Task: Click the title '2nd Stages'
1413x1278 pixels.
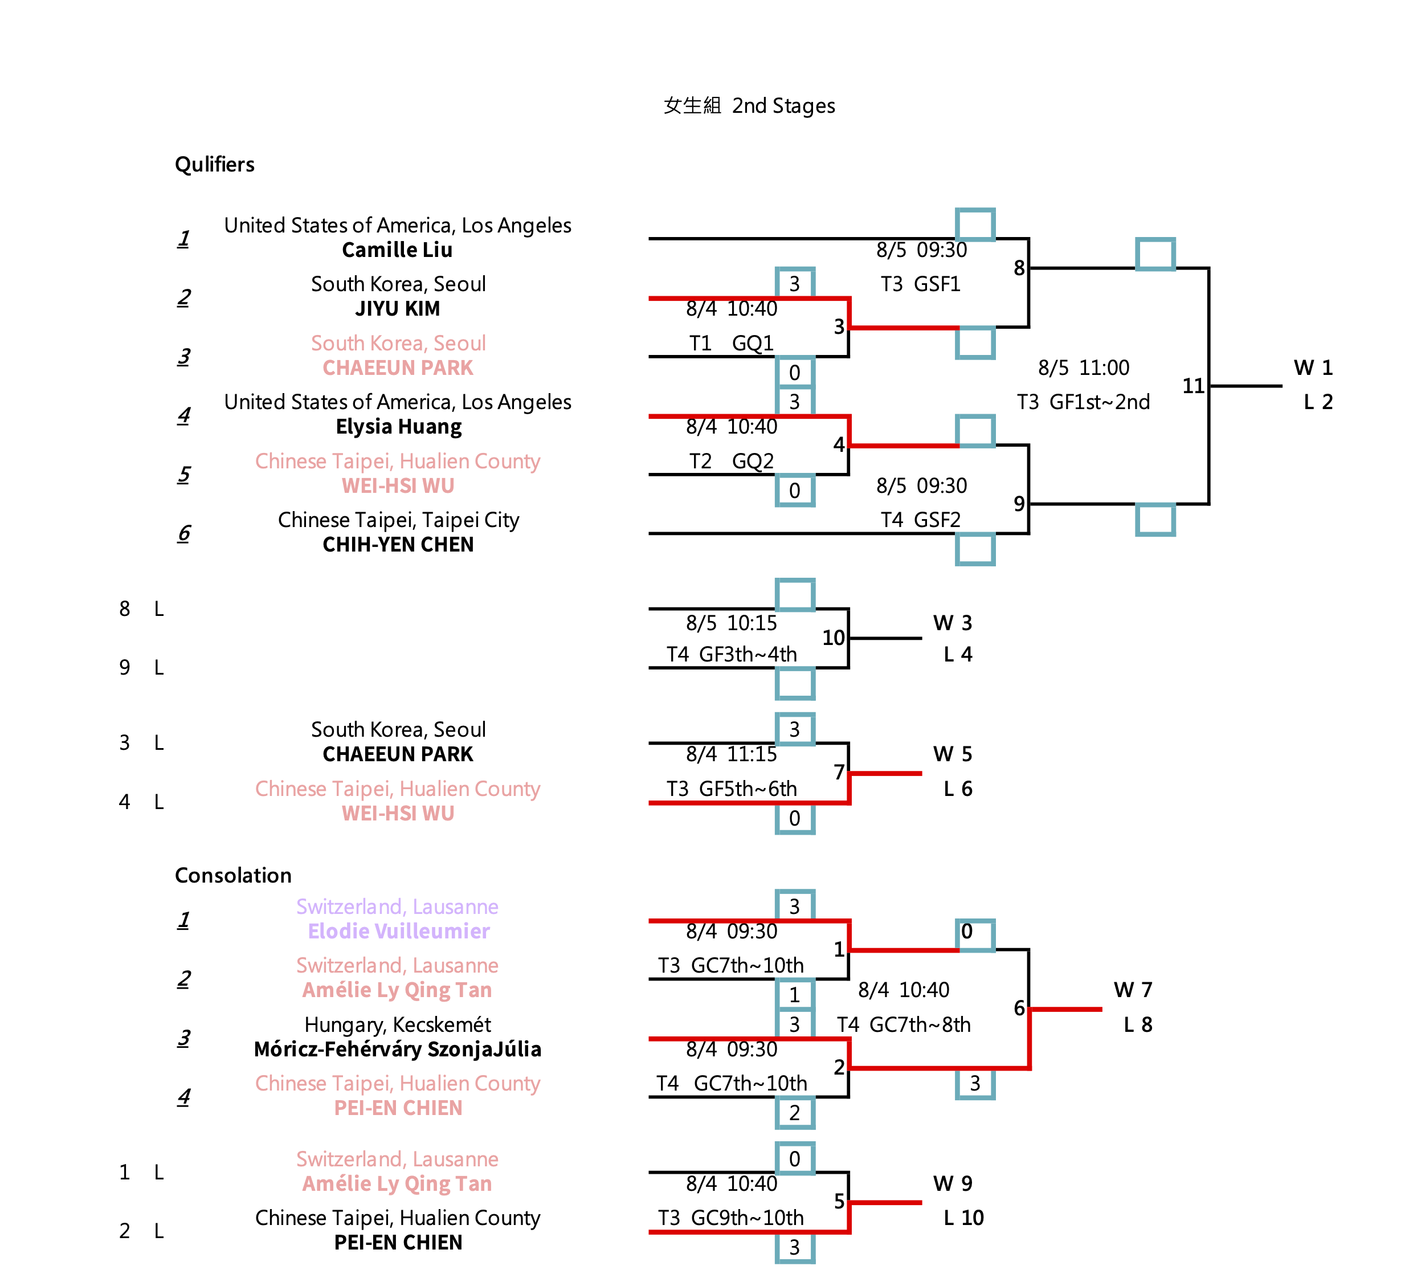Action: (783, 106)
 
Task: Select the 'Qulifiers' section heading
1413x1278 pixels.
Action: (214, 164)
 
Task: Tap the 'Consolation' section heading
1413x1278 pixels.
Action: (232, 875)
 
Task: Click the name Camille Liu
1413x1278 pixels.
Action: (398, 250)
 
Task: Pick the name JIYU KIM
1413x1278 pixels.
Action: (398, 308)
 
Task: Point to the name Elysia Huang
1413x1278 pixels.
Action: (398, 427)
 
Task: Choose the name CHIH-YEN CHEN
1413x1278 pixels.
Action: (398, 545)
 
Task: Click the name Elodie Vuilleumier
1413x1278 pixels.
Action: (398, 931)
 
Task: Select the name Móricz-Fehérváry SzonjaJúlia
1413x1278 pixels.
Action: (398, 1049)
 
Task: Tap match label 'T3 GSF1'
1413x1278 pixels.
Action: (920, 284)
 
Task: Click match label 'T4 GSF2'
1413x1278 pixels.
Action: (920, 520)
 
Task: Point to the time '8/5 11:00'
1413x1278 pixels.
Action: (1084, 368)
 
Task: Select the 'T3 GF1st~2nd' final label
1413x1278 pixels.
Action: (1084, 402)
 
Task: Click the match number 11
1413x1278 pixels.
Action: (1193, 386)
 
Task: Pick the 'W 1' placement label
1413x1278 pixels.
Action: (1313, 368)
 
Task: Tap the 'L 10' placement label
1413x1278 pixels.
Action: (963, 1218)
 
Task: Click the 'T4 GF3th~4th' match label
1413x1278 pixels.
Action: (731, 654)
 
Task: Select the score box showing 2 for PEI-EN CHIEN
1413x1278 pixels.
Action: (795, 1113)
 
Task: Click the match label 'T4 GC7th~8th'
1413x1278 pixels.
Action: (904, 1024)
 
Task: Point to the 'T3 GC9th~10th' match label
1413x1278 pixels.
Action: (730, 1218)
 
